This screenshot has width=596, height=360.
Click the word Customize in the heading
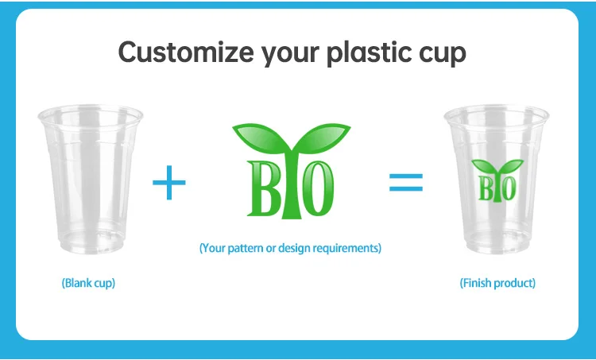(186, 52)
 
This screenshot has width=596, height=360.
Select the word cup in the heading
(442, 54)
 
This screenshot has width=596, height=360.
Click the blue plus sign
(169, 183)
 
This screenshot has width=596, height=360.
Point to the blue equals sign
(406, 183)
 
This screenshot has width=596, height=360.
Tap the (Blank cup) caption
(88, 283)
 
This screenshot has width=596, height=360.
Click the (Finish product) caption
(497, 283)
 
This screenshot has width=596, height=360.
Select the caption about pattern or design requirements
(290, 248)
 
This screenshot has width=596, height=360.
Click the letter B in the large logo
(263, 188)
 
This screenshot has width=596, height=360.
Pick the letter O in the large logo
(317, 188)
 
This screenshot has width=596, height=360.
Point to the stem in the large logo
(291, 186)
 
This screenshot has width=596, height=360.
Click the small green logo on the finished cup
(497, 180)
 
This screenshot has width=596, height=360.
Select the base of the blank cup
(91, 243)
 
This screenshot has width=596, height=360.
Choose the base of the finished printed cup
(497, 243)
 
